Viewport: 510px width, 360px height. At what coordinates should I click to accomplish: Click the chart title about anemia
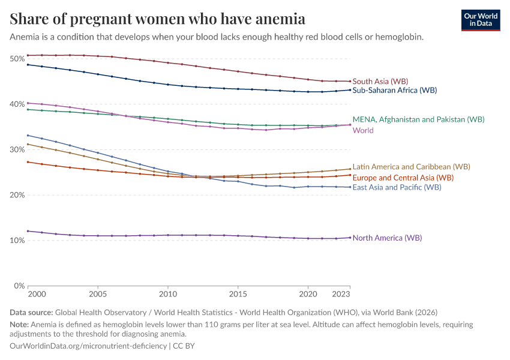[x=158, y=19]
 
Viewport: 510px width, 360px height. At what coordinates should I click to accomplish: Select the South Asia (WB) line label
[x=380, y=81]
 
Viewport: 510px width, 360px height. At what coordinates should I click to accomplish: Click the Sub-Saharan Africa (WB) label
[x=394, y=91]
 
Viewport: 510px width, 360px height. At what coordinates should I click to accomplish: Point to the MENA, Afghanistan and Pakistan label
[x=418, y=119]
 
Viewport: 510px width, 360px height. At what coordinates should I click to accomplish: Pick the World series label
[x=363, y=130]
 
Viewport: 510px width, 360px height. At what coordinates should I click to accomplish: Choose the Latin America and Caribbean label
[x=411, y=166]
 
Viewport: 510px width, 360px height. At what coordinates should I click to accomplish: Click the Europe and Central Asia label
[x=403, y=178]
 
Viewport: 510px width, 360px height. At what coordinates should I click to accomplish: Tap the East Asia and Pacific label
[x=397, y=187]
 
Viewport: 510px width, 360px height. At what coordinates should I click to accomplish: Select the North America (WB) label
[x=387, y=238]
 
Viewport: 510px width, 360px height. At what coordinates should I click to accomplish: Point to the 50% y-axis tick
[x=17, y=59]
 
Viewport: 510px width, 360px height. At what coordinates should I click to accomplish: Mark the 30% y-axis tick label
[x=17, y=149]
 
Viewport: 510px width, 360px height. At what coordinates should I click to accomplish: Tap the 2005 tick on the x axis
[x=98, y=295]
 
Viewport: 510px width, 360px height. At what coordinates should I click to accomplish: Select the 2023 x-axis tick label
[x=341, y=295]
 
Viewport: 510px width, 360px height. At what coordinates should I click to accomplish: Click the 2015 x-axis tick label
[x=238, y=295]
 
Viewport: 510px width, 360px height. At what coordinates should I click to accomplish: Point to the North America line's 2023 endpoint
[x=350, y=238]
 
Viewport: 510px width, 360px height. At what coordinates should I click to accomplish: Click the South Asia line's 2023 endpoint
[x=350, y=81]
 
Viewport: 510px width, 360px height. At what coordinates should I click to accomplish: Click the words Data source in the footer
[x=31, y=313]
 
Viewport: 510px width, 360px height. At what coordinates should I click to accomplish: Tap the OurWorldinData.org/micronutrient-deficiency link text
[x=89, y=346]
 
